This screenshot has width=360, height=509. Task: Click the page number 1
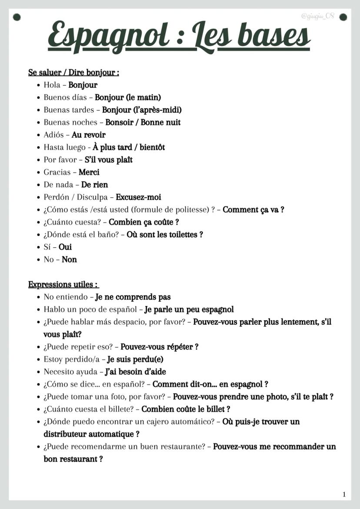click(344, 494)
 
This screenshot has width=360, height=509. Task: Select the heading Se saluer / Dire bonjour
click(73, 73)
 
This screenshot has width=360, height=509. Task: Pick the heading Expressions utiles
click(63, 285)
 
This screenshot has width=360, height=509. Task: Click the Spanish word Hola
click(52, 85)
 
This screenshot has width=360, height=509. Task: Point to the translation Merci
click(89, 173)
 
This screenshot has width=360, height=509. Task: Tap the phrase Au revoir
click(89, 135)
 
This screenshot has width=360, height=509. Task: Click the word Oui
click(65, 247)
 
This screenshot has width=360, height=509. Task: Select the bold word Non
click(69, 260)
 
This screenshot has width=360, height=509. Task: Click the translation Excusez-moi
click(138, 197)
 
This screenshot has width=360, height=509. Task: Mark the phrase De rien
click(94, 185)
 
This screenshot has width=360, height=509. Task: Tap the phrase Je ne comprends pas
click(133, 297)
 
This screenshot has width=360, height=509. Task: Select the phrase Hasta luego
click(65, 148)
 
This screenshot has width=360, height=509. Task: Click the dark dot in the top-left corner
click(17, 17)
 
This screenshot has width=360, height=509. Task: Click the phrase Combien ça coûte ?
click(144, 222)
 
